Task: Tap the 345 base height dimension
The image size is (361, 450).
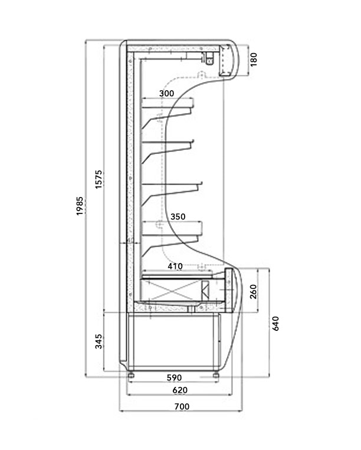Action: coord(99,341)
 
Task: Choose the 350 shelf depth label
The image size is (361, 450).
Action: coord(178,217)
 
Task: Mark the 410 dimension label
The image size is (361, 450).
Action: coord(175,266)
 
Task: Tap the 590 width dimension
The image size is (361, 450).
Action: coord(173,377)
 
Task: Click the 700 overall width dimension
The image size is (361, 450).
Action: coord(182,406)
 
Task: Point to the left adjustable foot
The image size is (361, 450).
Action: coord(131,374)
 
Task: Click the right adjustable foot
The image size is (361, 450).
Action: coord(216,374)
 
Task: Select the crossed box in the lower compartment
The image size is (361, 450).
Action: coord(176,291)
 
